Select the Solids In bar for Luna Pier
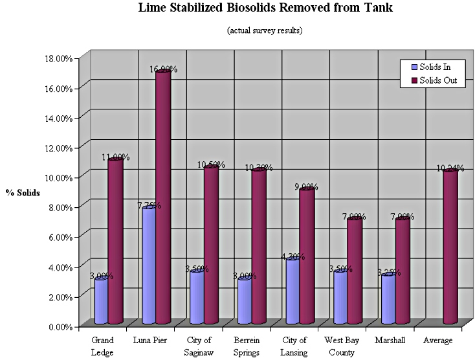coord(149,265)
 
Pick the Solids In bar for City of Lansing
coord(293,291)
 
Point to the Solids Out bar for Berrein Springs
coord(259,246)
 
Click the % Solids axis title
coord(23,193)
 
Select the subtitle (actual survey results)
coord(265,30)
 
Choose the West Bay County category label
coord(340,346)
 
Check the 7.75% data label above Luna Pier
coord(148,206)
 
